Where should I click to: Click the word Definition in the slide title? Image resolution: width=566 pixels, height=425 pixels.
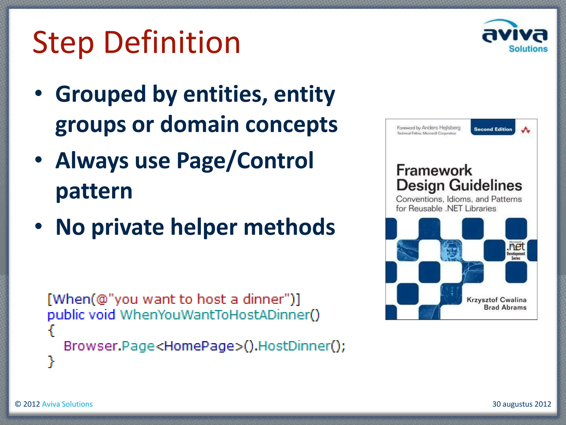[x=172, y=42]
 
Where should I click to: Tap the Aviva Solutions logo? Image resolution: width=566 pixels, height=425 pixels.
[x=515, y=36]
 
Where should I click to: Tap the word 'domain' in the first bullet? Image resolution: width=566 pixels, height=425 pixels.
[x=200, y=124]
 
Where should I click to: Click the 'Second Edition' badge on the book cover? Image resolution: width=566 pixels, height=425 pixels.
[x=493, y=129]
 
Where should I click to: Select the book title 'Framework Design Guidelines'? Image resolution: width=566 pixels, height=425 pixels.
[x=459, y=178]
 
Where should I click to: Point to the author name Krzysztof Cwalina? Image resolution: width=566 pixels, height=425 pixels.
[x=496, y=300]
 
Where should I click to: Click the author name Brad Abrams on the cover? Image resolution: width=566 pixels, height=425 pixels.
[x=505, y=307]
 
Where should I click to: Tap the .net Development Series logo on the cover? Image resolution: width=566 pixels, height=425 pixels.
[x=516, y=250]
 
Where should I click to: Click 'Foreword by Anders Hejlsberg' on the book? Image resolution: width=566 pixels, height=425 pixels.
[x=428, y=128]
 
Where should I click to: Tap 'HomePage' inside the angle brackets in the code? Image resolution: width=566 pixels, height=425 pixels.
[x=199, y=346]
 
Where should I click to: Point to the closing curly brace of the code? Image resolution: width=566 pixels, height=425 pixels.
[x=51, y=361]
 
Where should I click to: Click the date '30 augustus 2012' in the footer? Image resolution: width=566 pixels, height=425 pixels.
[x=522, y=404]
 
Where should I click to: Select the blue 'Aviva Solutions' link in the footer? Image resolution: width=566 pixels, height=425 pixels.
[x=67, y=404]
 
